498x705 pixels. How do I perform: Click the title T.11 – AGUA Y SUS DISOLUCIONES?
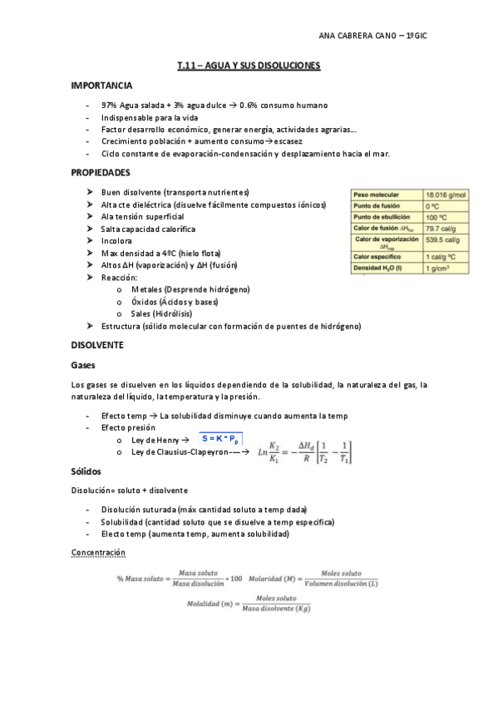249,65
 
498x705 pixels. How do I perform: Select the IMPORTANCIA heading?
101,86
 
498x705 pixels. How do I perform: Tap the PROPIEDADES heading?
101,172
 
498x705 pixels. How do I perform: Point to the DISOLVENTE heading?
97,344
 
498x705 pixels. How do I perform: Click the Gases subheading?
84,365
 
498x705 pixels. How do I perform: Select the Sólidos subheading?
86,471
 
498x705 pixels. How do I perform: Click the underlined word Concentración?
98,552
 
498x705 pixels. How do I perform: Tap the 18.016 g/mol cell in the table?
446,195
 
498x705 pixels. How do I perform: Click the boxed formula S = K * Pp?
221,438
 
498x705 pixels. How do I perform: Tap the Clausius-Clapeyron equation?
305,452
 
